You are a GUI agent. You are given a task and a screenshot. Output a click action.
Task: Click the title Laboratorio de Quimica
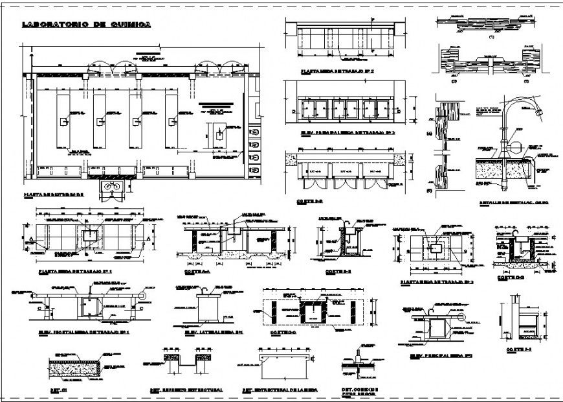click(86, 25)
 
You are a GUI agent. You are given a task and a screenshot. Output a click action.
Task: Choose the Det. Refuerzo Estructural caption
click(186, 390)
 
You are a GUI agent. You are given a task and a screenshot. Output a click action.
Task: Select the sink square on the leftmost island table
click(63, 121)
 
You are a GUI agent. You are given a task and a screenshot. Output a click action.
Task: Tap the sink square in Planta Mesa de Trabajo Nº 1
click(90, 233)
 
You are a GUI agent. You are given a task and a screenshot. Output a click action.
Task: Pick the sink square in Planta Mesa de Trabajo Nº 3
click(436, 247)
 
